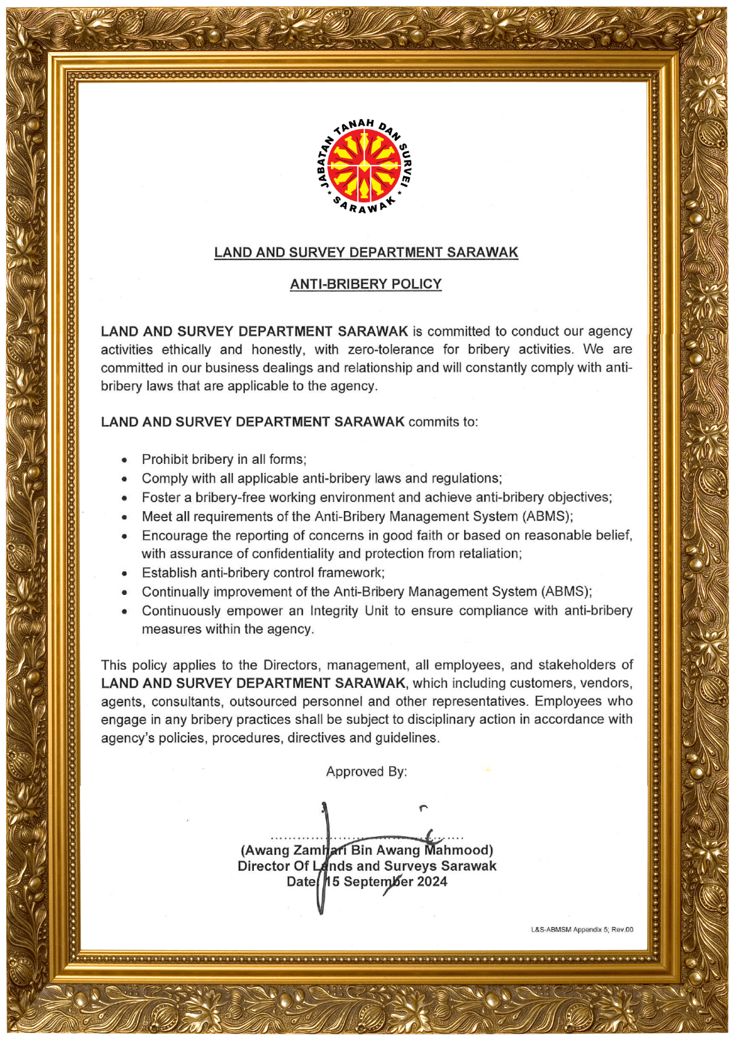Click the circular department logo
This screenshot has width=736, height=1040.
(x=366, y=167)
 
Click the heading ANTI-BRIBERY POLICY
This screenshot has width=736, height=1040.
(x=366, y=284)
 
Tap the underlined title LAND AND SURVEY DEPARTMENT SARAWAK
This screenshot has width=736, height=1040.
(x=366, y=252)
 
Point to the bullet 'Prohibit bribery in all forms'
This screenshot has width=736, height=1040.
(x=223, y=460)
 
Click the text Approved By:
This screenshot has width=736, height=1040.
(x=366, y=772)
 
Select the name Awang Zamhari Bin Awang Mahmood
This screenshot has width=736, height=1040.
(x=366, y=851)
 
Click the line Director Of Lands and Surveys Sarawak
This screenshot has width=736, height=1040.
(x=366, y=867)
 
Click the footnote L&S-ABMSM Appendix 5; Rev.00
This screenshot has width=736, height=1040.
(x=581, y=930)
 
